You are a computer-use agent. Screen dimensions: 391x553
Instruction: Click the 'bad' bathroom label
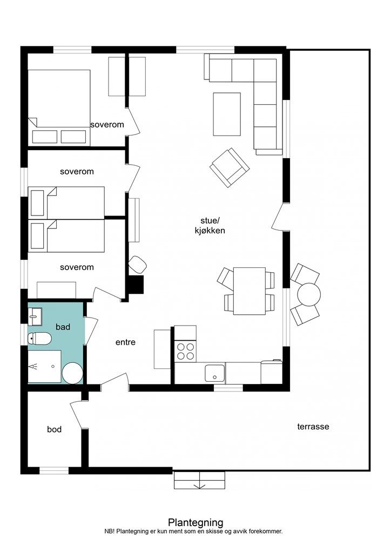pos(63,327)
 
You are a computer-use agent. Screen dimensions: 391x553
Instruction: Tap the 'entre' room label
pos(125,342)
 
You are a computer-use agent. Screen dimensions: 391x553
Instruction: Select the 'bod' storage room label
pos(55,429)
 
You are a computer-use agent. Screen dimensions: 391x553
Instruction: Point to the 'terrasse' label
pos(313,427)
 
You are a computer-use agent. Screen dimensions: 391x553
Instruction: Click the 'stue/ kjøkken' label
pos(210,226)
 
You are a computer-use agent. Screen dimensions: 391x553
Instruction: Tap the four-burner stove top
pos(186,350)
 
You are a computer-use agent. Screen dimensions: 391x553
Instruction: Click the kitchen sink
pos(215,373)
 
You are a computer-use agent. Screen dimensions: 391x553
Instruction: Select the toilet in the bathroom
pos(40,339)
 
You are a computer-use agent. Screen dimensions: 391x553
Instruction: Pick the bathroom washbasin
pos(35,316)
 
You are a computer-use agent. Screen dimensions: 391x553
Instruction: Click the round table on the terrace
pos(309,294)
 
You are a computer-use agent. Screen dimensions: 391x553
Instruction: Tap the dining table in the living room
pos(250,291)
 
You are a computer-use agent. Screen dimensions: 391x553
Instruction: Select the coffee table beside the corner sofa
pos(227,114)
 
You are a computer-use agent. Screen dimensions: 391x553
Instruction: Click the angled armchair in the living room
pos(230,167)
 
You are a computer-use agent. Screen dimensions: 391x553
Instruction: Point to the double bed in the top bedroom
pos(59,107)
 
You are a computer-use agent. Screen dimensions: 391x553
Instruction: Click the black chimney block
pos(136,285)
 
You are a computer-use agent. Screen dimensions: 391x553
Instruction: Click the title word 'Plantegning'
pos(195,522)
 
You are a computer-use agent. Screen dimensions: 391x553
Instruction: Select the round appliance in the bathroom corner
pos(72,373)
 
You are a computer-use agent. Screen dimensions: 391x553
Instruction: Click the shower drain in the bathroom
pos(53,366)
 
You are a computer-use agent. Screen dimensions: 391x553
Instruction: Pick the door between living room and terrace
pos(279,218)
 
